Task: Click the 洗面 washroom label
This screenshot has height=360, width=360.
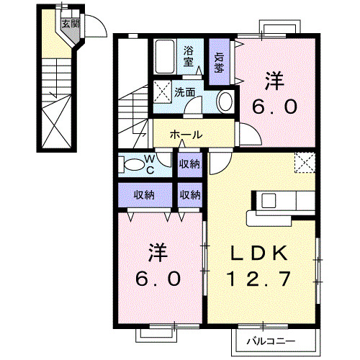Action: point(185,92)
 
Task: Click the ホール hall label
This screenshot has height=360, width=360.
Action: point(185,135)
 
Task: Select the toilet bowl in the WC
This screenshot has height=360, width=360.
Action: point(133,165)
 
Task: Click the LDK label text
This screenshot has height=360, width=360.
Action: point(260,253)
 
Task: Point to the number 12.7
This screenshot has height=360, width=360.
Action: point(260,277)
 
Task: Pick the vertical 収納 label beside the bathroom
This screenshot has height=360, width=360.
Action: point(218,63)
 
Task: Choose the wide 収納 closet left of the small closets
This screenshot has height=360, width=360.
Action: point(145,194)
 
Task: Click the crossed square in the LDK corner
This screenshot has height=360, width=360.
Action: point(306,163)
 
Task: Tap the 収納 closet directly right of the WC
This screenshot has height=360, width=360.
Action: point(190,165)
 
